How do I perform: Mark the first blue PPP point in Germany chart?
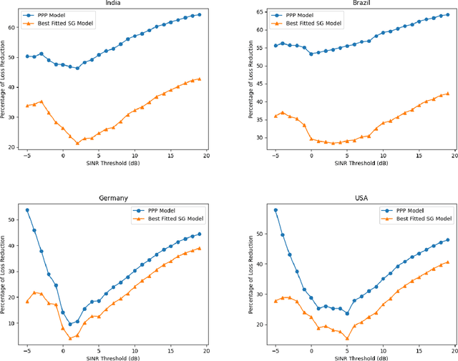coord(27,210)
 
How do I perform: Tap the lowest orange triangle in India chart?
coord(78,143)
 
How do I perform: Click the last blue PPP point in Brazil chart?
coord(448,14)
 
